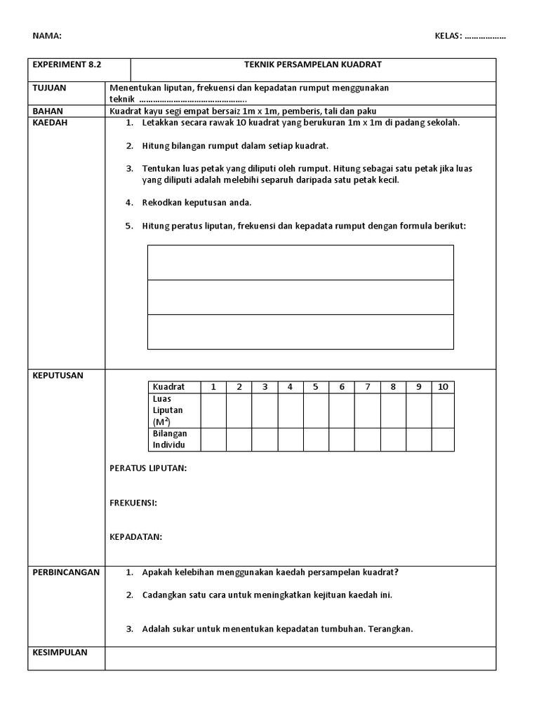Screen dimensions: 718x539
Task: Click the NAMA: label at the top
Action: pyautogui.click(x=47, y=36)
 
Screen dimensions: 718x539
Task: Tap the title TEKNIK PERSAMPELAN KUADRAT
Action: pyautogui.click(x=312, y=65)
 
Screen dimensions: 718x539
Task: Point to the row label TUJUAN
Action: pyautogui.click(x=49, y=88)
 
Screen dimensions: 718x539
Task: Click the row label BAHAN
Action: pyautogui.click(x=47, y=111)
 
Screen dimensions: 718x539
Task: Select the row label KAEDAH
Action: pyautogui.click(x=49, y=122)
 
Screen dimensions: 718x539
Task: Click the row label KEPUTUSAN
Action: pyautogui.click(x=58, y=375)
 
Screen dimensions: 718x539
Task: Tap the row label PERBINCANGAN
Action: pyautogui.click(x=66, y=572)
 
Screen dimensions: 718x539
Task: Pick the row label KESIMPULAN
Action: pyautogui.click(x=60, y=652)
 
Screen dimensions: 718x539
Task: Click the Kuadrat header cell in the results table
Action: pyautogui.click(x=168, y=386)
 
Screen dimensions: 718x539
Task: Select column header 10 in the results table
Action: pyautogui.click(x=442, y=386)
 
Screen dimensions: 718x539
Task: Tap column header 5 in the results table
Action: pyautogui.click(x=316, y=386)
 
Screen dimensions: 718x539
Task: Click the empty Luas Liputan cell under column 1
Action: pyautogui.click(x=213, y=410)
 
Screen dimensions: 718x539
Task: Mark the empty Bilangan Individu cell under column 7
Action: pyautogui.click(x=367, y=439)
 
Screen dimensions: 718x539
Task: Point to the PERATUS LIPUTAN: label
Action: pyautogui.click(x=148, y=468)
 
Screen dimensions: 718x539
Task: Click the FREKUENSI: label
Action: pyautogui.click(x=133, y=503)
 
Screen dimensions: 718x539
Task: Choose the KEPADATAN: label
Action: pyautogui.click(x=136, y=537)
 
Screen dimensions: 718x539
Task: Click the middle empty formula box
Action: pyautogui.click(x=300, y=297)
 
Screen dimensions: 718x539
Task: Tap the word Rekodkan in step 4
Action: pyautogui.click(x=162, y=203)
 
